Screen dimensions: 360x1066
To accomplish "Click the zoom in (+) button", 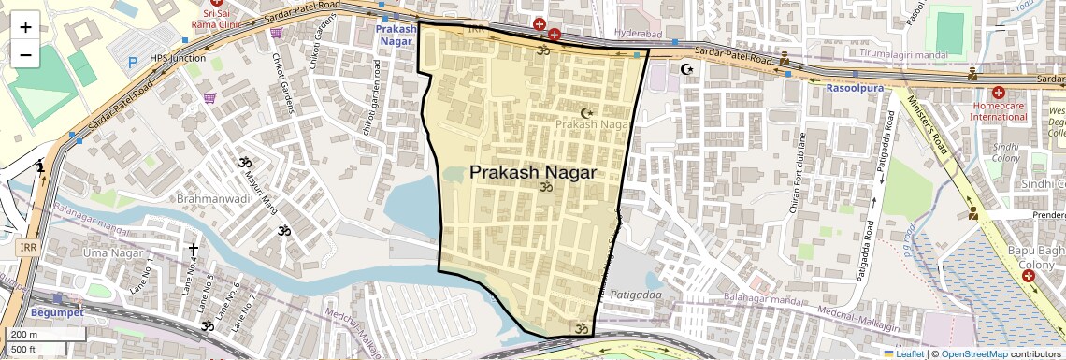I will coord(25,26).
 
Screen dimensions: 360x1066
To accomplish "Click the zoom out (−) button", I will coord(25,55).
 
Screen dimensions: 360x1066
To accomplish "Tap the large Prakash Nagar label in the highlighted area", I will coord(532,172).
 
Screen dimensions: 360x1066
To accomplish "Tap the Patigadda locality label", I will coord(636,295).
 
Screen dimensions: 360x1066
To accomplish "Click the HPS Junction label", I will coord(178,57).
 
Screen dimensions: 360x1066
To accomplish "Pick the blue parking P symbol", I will coord(133,61).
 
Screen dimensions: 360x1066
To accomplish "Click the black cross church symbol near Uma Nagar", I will coord(194,250).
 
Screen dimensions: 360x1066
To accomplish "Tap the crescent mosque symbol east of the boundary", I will coord(689,68).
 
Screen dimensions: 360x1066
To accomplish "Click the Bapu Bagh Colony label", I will coord(1036,258).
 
